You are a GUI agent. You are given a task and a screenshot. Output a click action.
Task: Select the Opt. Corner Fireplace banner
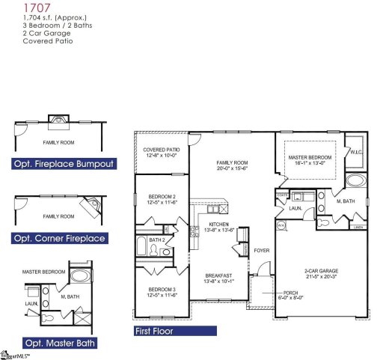pos(58,239)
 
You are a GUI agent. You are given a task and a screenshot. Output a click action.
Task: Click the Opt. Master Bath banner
pos(53,344)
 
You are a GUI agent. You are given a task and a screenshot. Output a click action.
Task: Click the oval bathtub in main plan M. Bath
pos(355,183)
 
